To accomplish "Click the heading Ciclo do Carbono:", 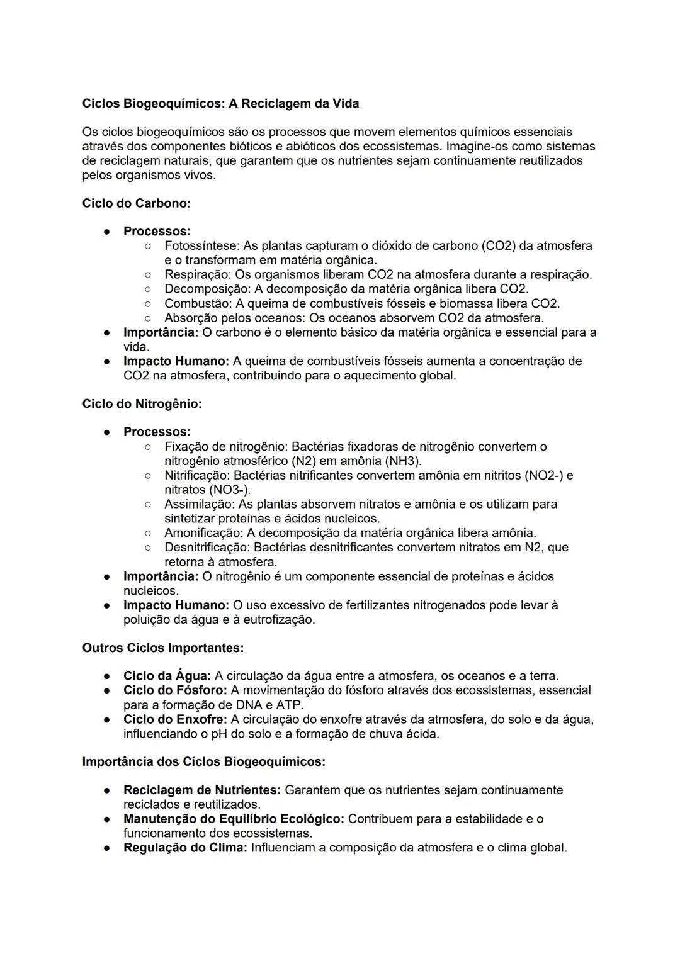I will [136, 203].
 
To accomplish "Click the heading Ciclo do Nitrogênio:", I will [142, 404].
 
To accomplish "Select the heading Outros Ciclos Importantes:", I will [162, 648].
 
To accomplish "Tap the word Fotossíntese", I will [201, 245].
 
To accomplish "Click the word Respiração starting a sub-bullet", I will [196, 274].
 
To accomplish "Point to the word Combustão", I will [196, 303].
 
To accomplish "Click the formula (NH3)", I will [402, 461].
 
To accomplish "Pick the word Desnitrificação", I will [207, 548].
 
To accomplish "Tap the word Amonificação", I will [201, 533].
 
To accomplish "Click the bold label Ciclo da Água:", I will [167, 676].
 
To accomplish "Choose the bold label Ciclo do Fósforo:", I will [175, 690].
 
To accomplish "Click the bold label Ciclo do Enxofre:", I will [175, 719].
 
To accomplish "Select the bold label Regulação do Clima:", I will [185, 848].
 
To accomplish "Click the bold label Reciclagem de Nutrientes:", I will [201, 790].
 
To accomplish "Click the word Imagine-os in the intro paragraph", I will [477, 147].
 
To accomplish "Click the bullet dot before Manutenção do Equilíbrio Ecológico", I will [108, 819].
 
